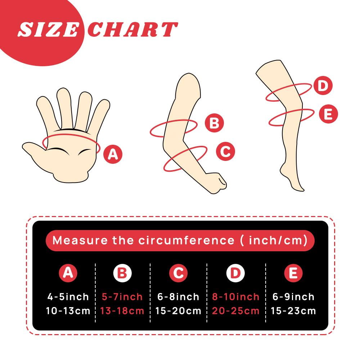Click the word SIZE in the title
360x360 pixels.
[x=48, y=30]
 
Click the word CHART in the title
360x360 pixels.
[x=133, y=30]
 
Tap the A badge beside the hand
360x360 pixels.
[x=113, y=154]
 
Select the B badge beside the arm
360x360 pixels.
[x=214, y=123]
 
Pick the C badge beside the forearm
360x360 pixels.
[x=225, y=151]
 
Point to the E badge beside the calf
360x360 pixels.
[x=328, y=114]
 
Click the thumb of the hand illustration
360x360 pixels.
[x=35, y=151]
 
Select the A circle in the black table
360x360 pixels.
[x=68, y=273]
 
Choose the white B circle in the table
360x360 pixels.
[x=122, y=273]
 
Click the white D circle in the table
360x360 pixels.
[x=235, y=273]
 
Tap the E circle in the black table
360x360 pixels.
[x=293, y=273]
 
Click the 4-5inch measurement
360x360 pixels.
[x=68, y=297]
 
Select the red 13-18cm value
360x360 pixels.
[x=122, y=311]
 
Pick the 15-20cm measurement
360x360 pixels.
[x=178, y=311]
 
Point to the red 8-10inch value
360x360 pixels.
[x=235, y=297]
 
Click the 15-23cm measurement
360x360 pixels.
[x=293, y=311]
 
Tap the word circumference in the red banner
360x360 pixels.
[x=186, y=240]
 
